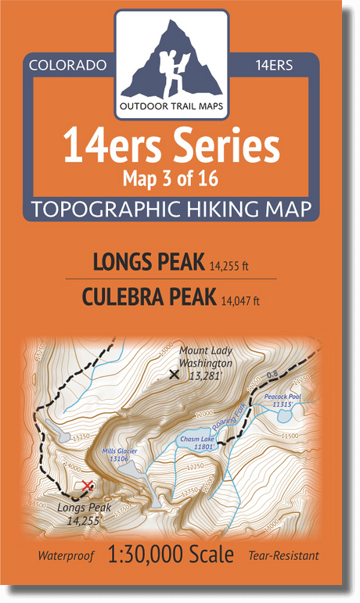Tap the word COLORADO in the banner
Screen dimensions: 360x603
[x=67, y=65]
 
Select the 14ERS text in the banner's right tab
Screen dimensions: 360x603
[x=274, y=65]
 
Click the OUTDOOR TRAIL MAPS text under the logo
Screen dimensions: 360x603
[x=171, y=107]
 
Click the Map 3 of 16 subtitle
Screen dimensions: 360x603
[x=170, y=178]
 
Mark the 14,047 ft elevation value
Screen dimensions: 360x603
[x=239, y=300]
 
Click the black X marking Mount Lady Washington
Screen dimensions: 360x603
[x=174, y=374]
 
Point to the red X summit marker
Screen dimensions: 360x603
[x=87, y=486]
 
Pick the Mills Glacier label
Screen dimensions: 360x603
[x=118, y=454]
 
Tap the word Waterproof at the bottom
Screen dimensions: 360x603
[x=66, y=557]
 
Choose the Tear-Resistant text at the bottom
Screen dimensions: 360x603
[x=283, y=557]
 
